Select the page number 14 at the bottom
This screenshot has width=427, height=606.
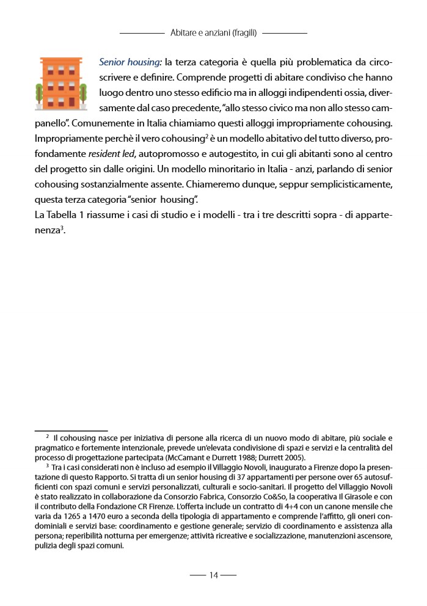(x=213, y=575)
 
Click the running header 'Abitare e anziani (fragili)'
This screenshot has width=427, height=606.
(x=213, y=32)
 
